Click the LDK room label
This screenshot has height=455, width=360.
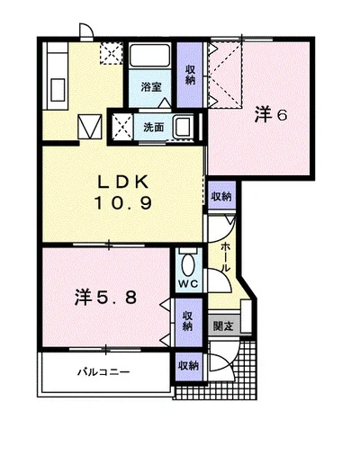point(124,182)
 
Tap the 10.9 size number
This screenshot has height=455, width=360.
point(123,202)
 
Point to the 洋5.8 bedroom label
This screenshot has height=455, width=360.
point(106,298)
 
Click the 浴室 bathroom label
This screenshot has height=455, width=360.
point(151,86)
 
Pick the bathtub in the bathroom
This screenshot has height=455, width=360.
point(149,56)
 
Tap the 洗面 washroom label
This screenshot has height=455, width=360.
point(153,128)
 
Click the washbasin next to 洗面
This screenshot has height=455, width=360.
point(184,127)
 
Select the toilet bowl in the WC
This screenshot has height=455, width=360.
point(189,264)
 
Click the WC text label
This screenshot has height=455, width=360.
point(188,283)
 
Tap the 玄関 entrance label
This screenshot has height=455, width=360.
point(223,326)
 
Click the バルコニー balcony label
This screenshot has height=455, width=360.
point(104,372)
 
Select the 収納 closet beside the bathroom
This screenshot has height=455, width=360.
point(190,75)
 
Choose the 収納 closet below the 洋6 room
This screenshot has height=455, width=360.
point(221,196)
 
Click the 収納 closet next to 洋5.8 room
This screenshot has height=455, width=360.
point(188,322)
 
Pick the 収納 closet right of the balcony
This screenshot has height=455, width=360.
point(189,366)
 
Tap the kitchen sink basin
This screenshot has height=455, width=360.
point(58,90)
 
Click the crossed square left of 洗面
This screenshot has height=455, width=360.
point(121,128)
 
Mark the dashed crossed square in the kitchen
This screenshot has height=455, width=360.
point(112,53)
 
